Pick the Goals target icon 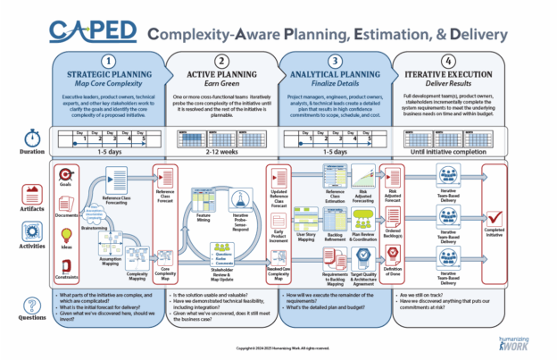pyautogui.click(x=65, y=172)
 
